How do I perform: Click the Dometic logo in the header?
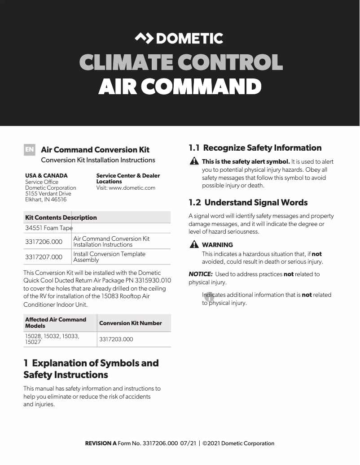(x=179, y=39)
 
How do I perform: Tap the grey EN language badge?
(x=29, y=150)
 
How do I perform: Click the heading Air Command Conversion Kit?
(x=95, y=150)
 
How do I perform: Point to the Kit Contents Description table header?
(x=61, y=217)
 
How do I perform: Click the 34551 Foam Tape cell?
(x=48, y=228)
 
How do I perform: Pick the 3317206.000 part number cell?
(x=44, y=242)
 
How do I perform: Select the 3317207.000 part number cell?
(x=44, y=257)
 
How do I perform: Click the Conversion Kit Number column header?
(x=131, y=323)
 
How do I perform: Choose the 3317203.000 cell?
(x=116, y=339)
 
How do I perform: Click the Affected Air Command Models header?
(x=56, y=322)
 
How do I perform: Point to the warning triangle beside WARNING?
(x=194, y=244)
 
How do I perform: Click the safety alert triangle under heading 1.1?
(x=194, y=161)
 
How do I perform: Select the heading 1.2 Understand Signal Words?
(x=248, y=203)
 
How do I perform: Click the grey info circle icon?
(x=209, y=296)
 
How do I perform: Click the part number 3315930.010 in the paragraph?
(x=153, y=281)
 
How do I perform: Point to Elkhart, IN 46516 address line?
(x=46, y=200)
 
